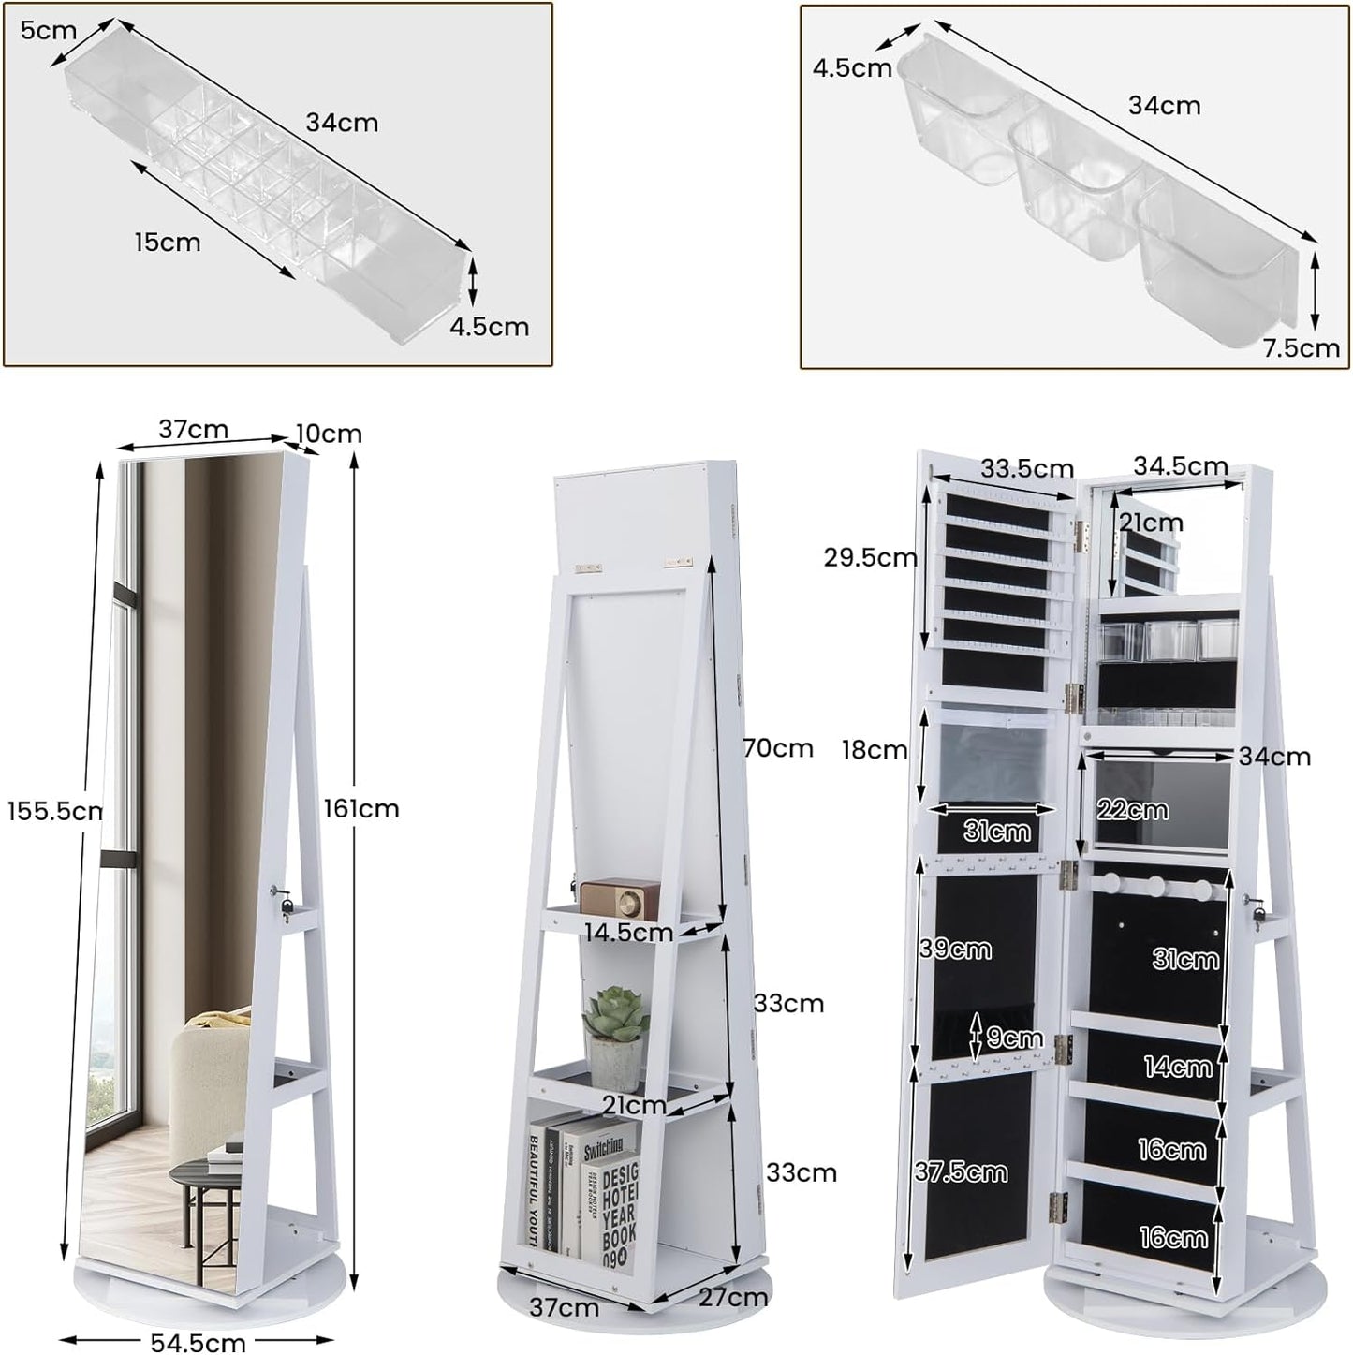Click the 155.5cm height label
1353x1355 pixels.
(54, 811)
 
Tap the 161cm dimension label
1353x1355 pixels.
(361, 808)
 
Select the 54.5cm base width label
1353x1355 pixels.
(199, 1342)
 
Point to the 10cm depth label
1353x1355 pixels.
(329, 434)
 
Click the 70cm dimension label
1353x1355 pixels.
(778, 747)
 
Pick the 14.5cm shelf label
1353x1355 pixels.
(628, 933)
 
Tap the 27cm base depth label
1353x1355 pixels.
(733, 1298)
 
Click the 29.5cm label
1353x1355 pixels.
(870, 557)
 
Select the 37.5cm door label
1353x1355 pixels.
(961, 1171)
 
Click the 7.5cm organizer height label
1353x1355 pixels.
(1301, 348)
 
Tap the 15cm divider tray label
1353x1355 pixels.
(168, 242)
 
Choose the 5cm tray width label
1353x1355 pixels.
(48, 30)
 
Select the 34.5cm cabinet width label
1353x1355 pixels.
(1180, 465)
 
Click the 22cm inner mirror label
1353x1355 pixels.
(1132, 810)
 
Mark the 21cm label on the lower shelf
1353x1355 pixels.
(634, 1105)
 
